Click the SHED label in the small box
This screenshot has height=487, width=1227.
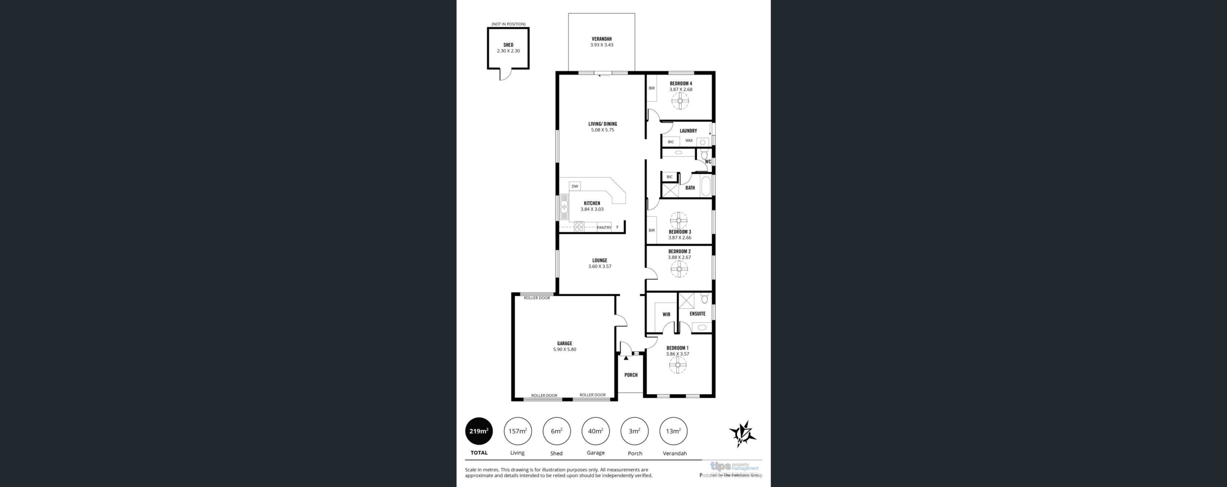click(508, 45)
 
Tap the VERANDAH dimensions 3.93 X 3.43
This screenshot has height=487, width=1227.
click(602, 45)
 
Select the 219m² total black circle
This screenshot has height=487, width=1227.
click(479, 431)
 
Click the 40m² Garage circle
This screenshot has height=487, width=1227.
click(595, 431)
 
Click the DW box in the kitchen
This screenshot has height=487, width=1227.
click(575, 186)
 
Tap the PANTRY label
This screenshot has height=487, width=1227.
click(604, 227)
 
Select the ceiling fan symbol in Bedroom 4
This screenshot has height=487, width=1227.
click(680, 101)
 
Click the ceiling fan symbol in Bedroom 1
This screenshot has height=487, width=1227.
click(678, 365)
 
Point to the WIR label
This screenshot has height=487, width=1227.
click(666, 315)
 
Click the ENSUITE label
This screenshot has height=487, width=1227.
click(697, 314)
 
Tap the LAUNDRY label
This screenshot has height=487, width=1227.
click(688, 131)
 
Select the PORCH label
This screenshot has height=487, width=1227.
click(631, 375)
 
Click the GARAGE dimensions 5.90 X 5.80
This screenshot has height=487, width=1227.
click(565, 350)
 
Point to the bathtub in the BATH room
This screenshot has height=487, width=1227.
click(706, 186)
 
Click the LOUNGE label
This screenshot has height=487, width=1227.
click(600, 260)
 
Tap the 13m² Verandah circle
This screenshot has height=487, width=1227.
click(673, 431)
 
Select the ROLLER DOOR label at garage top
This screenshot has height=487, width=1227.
click(537, 298)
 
